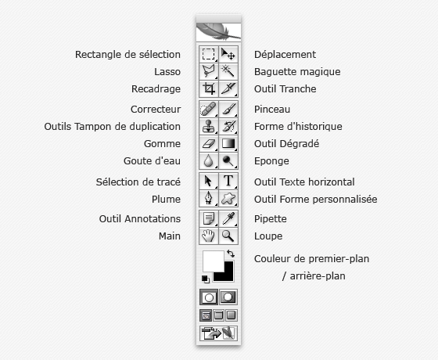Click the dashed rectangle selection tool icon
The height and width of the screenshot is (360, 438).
(x=208, y=54)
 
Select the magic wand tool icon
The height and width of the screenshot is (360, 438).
(x=228, y=70)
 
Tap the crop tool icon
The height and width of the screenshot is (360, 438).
(x=209, y=88)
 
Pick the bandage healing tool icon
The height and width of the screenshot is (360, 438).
(x=208, y=109)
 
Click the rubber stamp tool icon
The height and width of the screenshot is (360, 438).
(x=208, y=126)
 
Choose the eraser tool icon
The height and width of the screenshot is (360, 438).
(x=208, y=144)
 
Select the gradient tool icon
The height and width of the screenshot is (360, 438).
(x=228, y=143)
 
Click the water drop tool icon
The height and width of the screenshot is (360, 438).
(x=208, y=161)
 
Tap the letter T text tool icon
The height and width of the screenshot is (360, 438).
(x=228, y=181)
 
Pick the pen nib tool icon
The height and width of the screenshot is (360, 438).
(x=208, y=198)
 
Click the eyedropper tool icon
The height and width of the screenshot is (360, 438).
(x=228, y=218)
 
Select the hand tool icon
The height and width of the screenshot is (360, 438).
(x=208, y=236)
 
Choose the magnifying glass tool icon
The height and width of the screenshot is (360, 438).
(x=228, y=236)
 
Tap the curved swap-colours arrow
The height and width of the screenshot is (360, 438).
(x=231, y=254)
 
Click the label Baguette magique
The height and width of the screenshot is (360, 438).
(x=297, y=72)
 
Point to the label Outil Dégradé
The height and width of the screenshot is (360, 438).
(x=286, y=144)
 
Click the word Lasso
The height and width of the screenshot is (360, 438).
(x=167, y=72)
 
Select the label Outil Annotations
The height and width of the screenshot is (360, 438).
(x=140, y=218)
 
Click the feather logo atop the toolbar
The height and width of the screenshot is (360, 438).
(x=218, y=31)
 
